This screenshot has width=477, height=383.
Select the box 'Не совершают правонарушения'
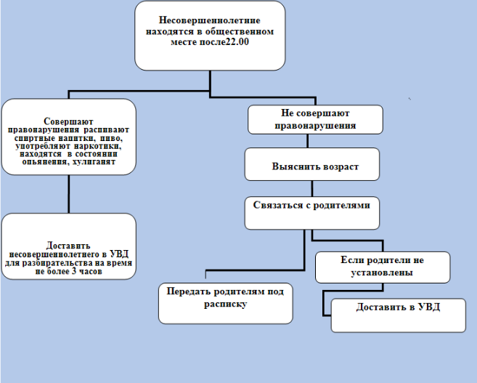(x=315, y=120)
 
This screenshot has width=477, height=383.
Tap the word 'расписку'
(x=226, y=305)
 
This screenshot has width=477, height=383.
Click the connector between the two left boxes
(x=68, y=195)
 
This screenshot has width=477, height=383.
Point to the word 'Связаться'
(x=280, y=205)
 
